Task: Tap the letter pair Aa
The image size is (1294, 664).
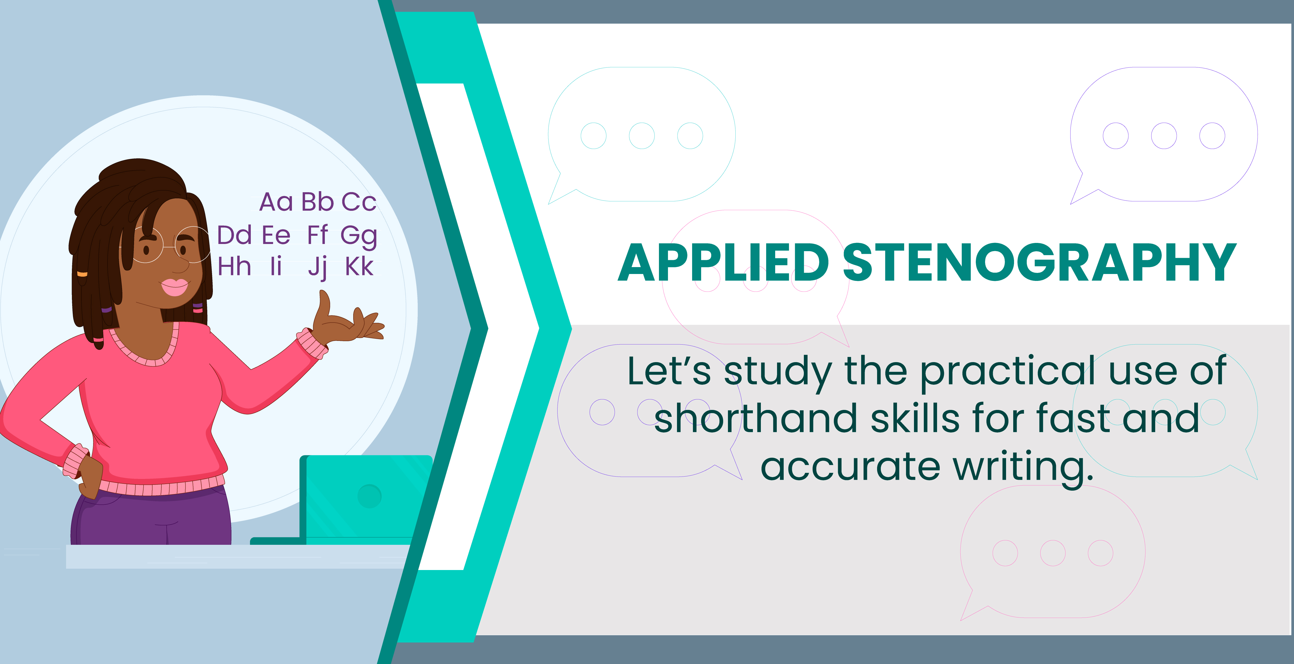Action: tap(276, 202)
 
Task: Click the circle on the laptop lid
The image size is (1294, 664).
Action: tap(370, 496)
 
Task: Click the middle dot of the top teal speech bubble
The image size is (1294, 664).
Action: tap(642, 136)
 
